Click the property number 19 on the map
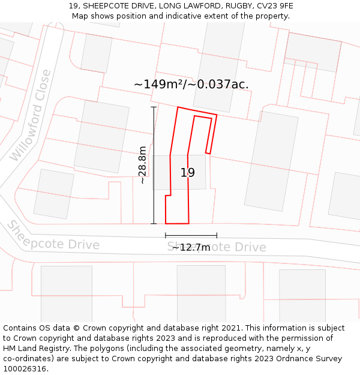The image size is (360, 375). click(188, 173)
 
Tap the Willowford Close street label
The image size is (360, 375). click(31, 116)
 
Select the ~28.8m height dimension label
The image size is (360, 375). click(142, 165)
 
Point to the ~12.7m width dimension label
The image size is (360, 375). click(191, 247)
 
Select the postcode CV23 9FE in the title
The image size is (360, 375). click(273, 6)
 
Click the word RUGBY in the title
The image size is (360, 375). click(238, 6)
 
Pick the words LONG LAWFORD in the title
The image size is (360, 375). click(191, 6)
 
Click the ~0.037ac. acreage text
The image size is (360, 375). click(218, 85)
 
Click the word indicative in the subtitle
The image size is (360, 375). click(184, 16)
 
